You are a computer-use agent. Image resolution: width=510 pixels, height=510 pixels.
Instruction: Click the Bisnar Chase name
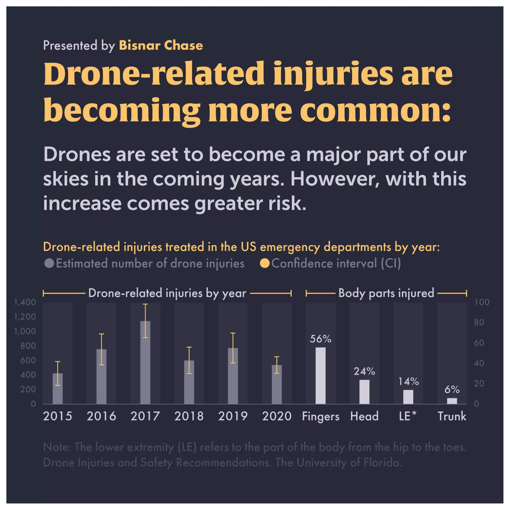(161, 45)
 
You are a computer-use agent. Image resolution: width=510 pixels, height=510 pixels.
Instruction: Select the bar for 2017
(145, 363)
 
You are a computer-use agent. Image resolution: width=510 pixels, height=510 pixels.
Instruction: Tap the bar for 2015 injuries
(58, 389)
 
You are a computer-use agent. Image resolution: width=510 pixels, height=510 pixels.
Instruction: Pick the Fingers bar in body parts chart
(320, 376)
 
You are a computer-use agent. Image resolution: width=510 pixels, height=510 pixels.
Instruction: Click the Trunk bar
(452, 401)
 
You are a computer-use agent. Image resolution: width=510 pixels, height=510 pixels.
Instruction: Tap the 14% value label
(408, 382)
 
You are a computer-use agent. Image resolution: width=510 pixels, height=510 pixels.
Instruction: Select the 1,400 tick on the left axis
(25, 302)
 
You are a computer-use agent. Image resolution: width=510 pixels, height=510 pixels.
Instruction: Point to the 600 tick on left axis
(28, 360)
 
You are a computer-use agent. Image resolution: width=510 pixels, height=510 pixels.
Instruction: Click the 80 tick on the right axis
(479, 322)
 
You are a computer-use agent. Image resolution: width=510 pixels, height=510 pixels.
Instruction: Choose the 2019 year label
(233, 416)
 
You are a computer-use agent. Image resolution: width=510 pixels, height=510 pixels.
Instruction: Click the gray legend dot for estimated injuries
(49, 263)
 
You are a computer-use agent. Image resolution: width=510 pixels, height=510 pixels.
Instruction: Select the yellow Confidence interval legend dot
(264, 263)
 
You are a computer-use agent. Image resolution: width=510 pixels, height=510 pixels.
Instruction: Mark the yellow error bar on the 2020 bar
(276, 365)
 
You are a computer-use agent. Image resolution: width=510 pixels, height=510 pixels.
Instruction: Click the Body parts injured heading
(386, 293)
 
